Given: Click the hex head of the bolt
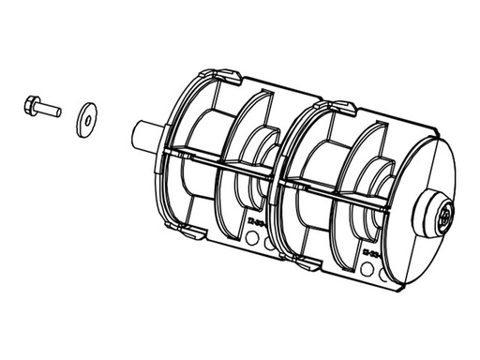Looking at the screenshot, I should (x=30, y=104).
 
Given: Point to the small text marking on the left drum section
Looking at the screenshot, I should (x=257, y=223).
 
